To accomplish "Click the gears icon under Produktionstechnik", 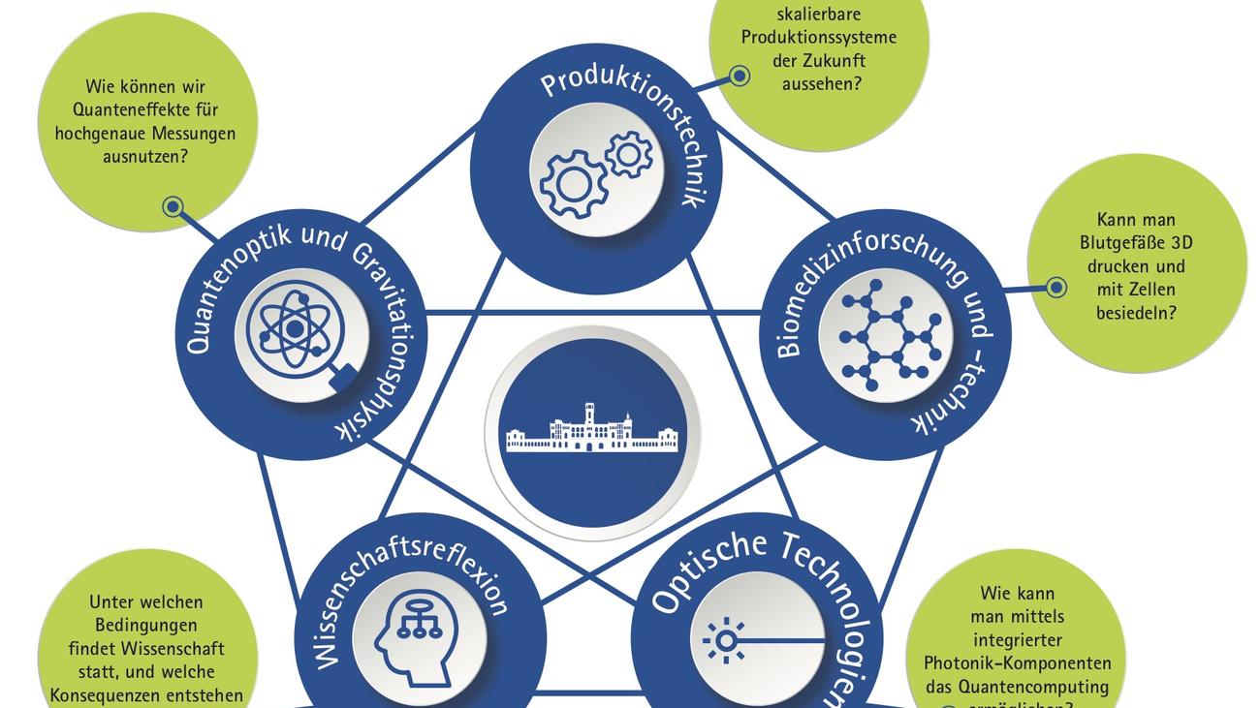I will click(594, 171).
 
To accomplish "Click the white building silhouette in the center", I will click(592, 429).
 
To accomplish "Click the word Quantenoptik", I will click(223, 291).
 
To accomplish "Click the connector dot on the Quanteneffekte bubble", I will click(173, 206).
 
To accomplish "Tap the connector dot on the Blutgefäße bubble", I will click(1055, 288).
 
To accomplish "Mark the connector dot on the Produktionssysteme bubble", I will click(740, 76).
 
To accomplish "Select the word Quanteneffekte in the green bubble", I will click(145, 109).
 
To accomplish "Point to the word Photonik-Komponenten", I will click(1017, 663).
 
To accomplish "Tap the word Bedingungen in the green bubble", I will click(147, 625).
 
